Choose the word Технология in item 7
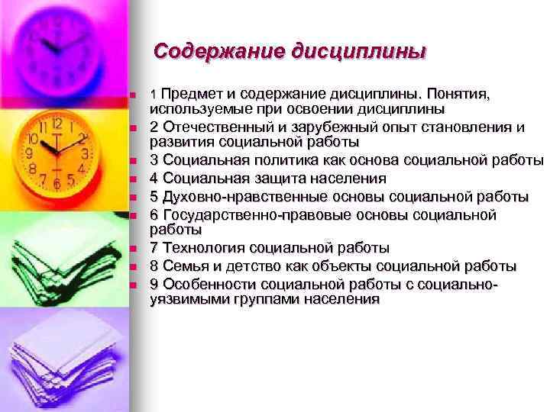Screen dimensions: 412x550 201,248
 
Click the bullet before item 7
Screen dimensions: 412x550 132,249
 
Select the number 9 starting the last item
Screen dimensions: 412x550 154,284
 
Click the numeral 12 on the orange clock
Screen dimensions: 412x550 57,123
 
